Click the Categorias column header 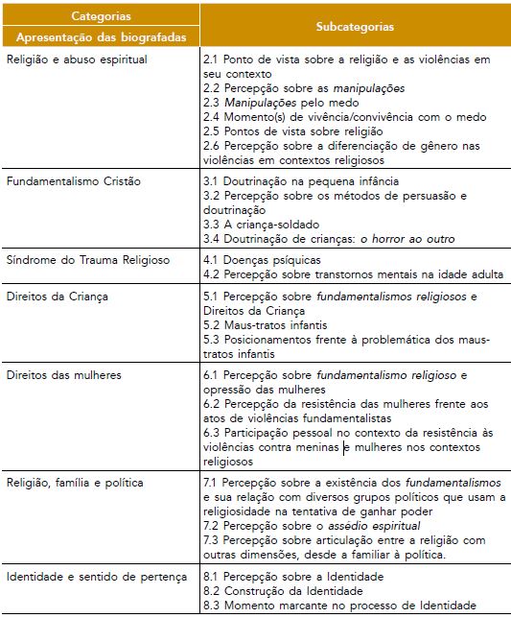coord(102,17)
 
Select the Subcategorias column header coord(354,27)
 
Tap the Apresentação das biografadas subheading coord(102,37)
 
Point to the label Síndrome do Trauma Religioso coord(87,260)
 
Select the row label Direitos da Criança coord(57,297)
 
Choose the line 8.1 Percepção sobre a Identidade coord(293,576)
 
